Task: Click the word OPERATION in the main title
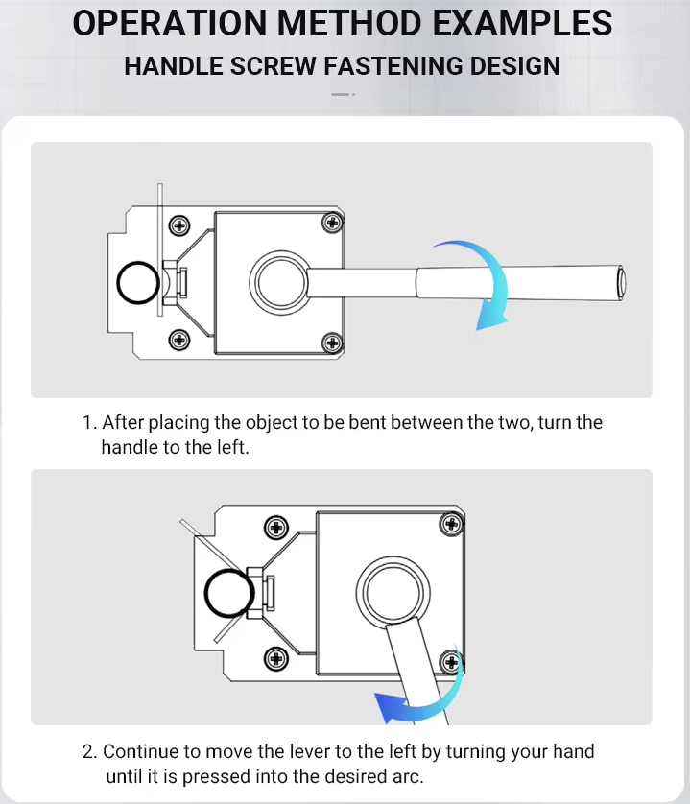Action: [170, 23]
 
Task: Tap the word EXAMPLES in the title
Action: [522, 23]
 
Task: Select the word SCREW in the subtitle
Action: [273, 66]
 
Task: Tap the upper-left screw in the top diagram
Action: [179, 225]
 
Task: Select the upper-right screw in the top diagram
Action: [332, 223]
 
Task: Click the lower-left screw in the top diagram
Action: [179, 340]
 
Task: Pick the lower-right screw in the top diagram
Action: [332, 343]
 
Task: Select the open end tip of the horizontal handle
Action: [621, 283]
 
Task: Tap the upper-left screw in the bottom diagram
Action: [276, 527]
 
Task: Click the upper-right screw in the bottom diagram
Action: [451, 524]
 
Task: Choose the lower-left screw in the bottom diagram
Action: [276, 658]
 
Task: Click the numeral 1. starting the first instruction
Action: [89, 422]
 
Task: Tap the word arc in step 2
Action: [406, 776]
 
